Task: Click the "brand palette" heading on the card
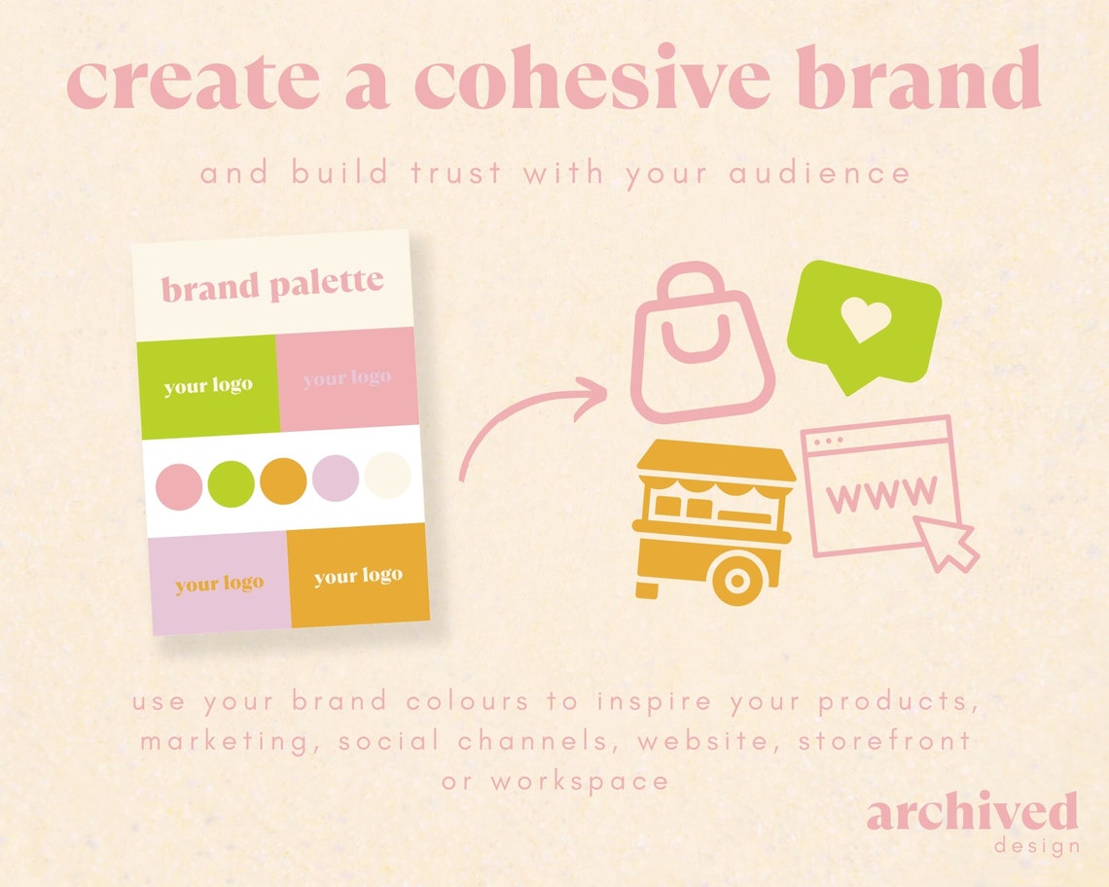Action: (x=272, y=286)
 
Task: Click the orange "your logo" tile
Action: (x=358, y=576)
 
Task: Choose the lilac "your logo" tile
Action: (x=220, y=584)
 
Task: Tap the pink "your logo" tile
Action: (x=347, y=377)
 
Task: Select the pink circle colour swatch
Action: (x=180, y=483)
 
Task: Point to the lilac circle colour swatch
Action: (x=336, y=479)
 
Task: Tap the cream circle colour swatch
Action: (x=387, y=477)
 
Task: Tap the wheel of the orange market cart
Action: (x=736, y=581)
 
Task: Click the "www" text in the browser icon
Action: (x=881, y=493)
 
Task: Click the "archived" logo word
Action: (x=972, y=812)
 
